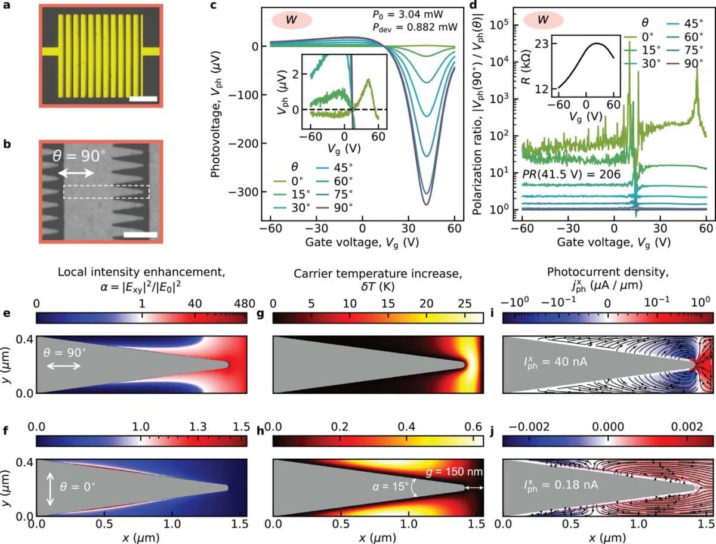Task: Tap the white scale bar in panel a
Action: pyautogui.click(x=142, y=98)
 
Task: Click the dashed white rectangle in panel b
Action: pyautogui.click(x=106, y=191)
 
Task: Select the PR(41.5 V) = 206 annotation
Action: pyautogui.click(x=561, y=174)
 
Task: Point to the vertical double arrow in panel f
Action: pyautogui.click(x=49, y=487)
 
